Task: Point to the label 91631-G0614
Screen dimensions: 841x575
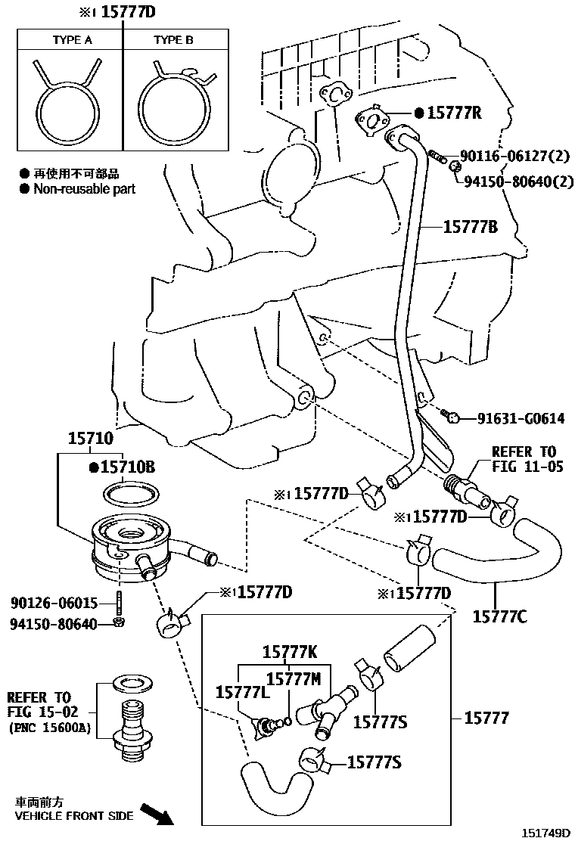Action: (x=521, y=418)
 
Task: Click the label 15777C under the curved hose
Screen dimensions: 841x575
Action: (x=500, y=616)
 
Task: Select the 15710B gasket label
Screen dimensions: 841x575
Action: (x=127, y=468)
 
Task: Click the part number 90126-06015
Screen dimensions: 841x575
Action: (x=54, y=603)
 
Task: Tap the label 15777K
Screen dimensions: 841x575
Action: (x=290, y=651)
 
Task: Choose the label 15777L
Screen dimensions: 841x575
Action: (x=240, y=692)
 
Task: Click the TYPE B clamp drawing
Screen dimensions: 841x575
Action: (x=172, y=99)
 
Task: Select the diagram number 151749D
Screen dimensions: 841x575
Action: (x=545, y=833)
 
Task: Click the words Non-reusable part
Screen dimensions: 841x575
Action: (x=84, y=189)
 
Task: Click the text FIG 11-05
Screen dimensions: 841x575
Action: (x=527, y=467)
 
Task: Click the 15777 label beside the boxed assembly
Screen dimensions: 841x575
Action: (x=488, y=718)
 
